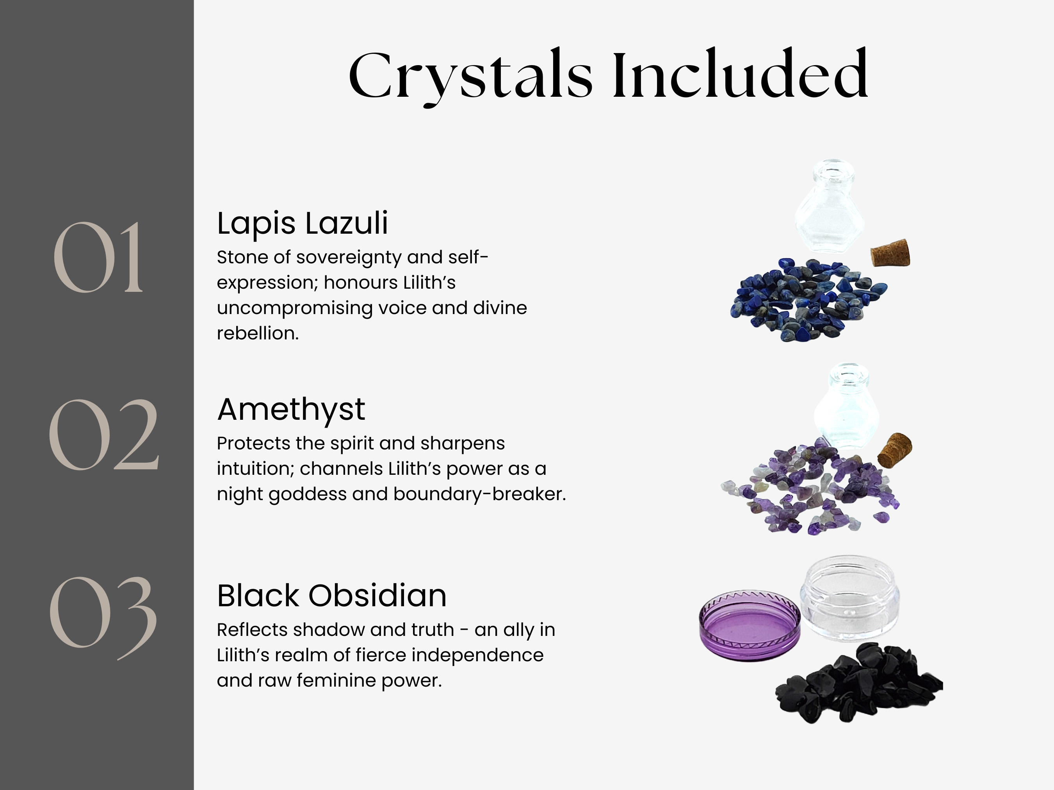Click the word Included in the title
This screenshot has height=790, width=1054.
click(741, 73)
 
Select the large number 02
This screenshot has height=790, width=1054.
click(103, 434)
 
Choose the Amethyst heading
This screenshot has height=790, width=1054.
click(291, 410)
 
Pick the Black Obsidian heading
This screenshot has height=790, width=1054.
click(332, 596)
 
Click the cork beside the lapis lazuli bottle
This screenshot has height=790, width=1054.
click(890, 253)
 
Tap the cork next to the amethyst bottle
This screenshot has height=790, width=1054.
click(895, 449)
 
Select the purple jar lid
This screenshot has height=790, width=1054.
click(750, 625)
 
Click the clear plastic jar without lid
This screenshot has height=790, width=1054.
click(849, 596)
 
